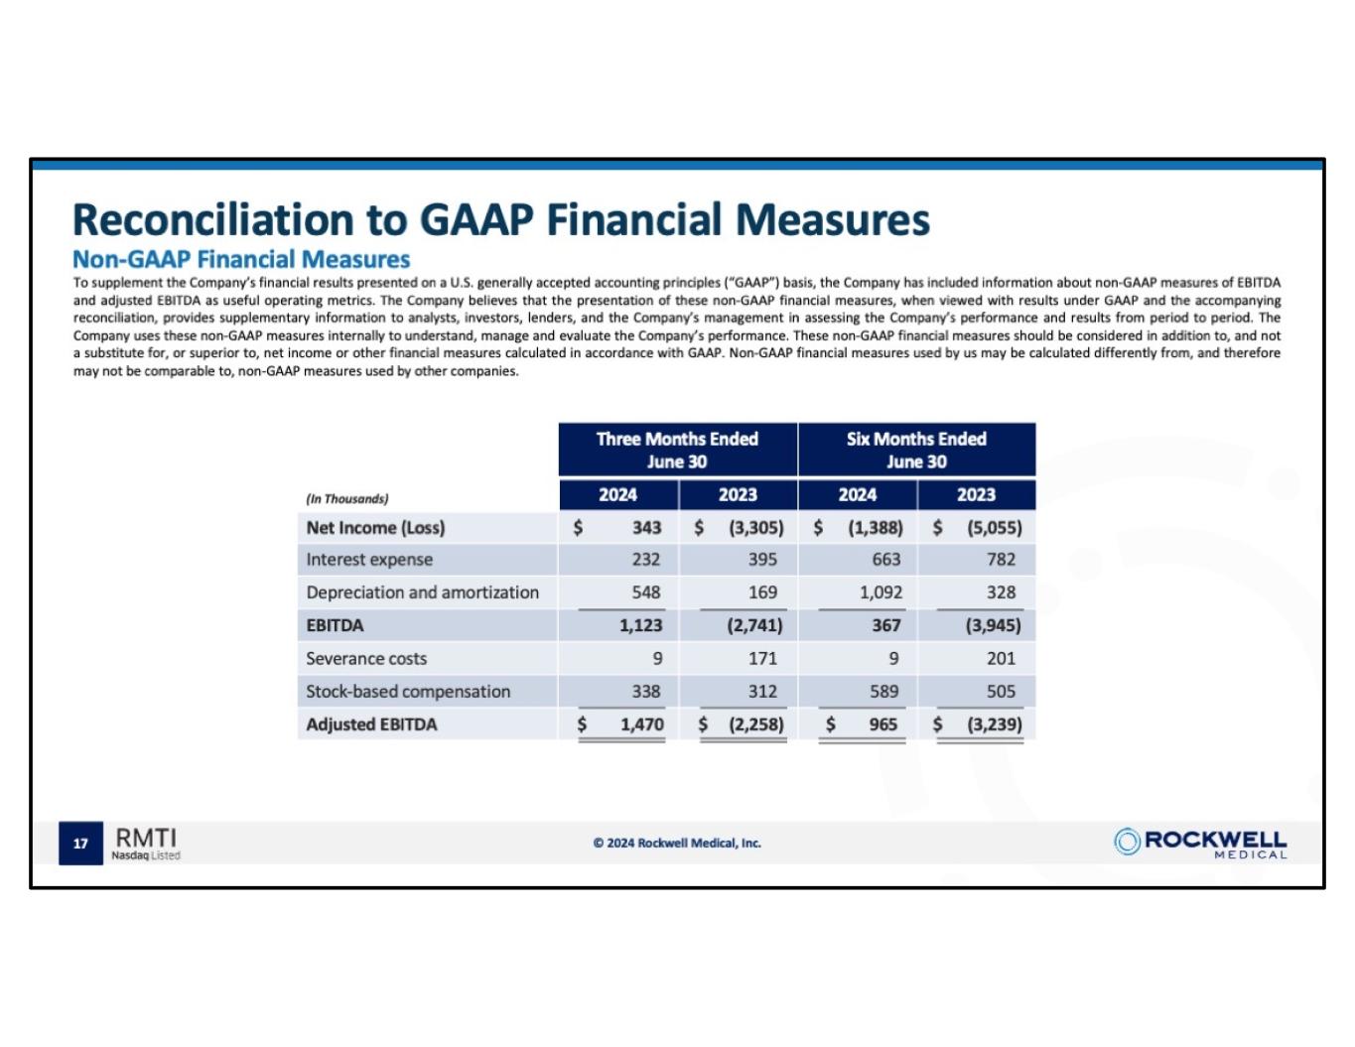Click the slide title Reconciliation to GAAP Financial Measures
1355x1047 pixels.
click(501, 219)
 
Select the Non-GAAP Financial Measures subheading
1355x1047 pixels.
click(241, 260)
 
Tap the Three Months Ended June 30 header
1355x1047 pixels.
click(677, 450)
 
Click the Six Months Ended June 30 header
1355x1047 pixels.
click(916, 450)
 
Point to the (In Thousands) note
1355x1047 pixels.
click(347, 499)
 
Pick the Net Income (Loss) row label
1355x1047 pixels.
click(375, 528)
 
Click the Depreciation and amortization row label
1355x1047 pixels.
click(422, 592)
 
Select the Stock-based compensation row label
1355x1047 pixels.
click(408, 692)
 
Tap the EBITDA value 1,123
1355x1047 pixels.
click(640, 625)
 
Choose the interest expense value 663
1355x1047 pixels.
click(885, 560)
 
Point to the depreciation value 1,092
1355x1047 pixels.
click(881, 592)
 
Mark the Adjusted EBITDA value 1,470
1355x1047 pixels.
click(641, 724)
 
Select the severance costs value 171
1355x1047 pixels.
click(762, 659)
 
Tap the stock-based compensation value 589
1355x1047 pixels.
click(883, 692)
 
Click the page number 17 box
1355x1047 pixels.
click(80, 844)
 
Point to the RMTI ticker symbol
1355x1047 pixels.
click(146, 838)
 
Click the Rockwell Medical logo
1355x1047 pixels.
click(1200, 843)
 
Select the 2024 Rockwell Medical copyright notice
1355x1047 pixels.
click(677, 844)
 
